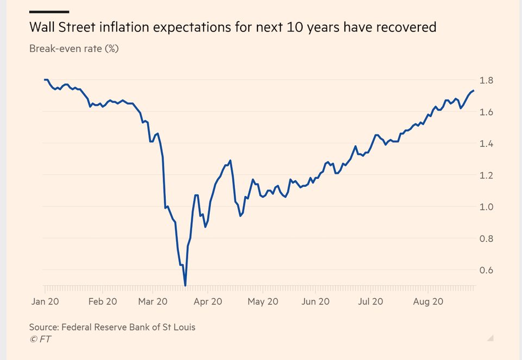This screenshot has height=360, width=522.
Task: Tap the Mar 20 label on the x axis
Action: [x=153, y=301]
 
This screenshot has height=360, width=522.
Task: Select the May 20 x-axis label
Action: [x=263, y=301]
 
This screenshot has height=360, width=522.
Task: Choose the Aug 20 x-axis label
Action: [x=429, y=301]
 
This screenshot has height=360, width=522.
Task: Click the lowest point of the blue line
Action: [x=185, y=285]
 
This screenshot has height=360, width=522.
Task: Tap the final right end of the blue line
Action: [x=474, y=91]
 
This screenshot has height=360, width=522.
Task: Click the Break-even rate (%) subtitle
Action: [x=74, y=48]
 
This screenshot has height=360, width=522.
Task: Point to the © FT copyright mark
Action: [x=41, y=339]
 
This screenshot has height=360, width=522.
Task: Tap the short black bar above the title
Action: [x=49, y=11]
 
